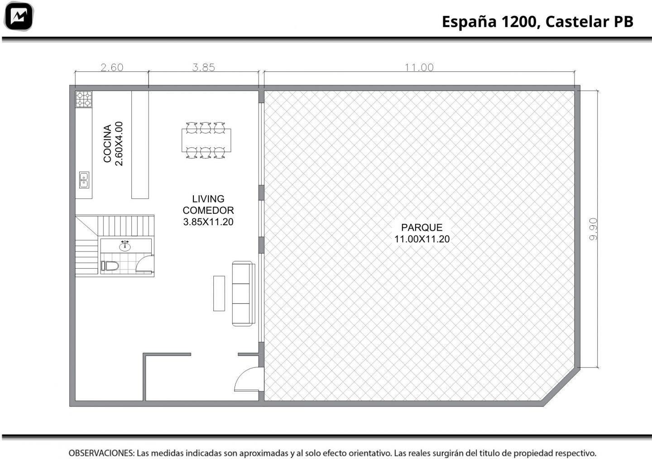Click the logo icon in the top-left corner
(x=19, y=16)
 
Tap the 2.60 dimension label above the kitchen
(x=112, y=67)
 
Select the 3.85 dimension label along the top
(x=203, y=67)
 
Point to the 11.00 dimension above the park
(x=419, y=67)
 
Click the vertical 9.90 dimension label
(x=593, y=229)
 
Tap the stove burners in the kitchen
(x=84, y=99)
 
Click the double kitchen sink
(x=84, y=180)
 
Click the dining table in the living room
(x=206, y=140)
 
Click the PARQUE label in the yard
(x=422, y=227)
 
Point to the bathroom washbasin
(x=125, y=246)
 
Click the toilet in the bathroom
(x=110, y=266)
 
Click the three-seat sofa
(x=243, y=293)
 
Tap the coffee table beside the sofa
(x=219, y=293)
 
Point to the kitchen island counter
(x=140, y=145)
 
